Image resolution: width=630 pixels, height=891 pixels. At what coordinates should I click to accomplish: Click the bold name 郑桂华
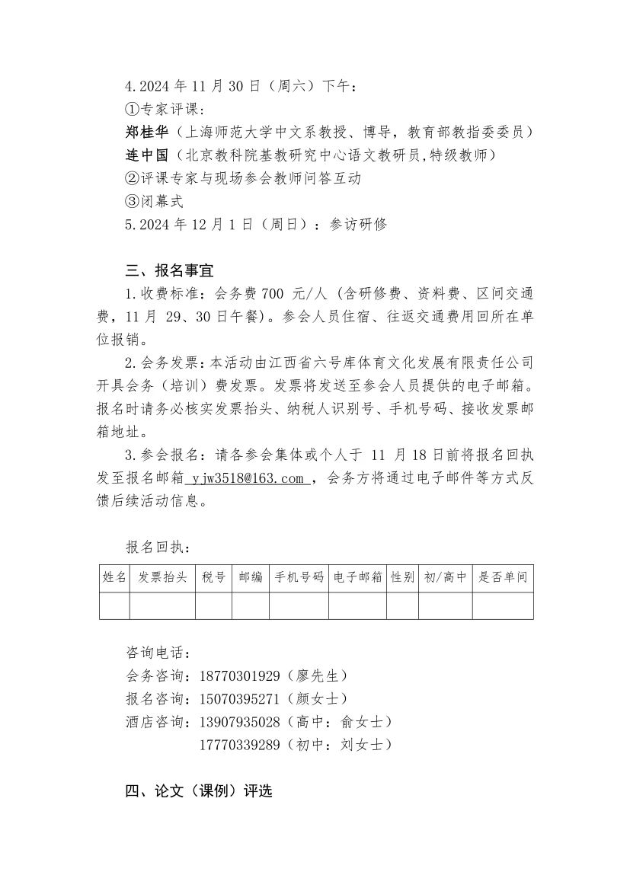coord(145,133)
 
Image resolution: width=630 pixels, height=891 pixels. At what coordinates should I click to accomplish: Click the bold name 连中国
coord(145,156)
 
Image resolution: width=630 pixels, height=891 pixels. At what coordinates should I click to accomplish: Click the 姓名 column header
coord(114,578)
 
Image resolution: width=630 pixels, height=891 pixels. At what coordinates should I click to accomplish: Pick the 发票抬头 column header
coord(162,578)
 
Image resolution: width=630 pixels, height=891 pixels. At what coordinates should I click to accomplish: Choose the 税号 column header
coord(213,578)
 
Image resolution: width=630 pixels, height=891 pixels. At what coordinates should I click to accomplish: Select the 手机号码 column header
coord(299,578)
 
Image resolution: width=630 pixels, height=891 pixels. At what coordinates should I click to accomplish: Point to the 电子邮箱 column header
coord(357,578)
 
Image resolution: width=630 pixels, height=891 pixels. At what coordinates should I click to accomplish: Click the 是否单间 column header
coord(502,578)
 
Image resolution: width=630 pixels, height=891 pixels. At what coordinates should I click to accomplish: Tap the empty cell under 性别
coord(402,606)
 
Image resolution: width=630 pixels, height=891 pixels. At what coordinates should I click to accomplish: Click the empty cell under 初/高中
coord(445,606)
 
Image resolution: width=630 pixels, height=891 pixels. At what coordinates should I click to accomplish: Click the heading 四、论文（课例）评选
coord(198,792)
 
